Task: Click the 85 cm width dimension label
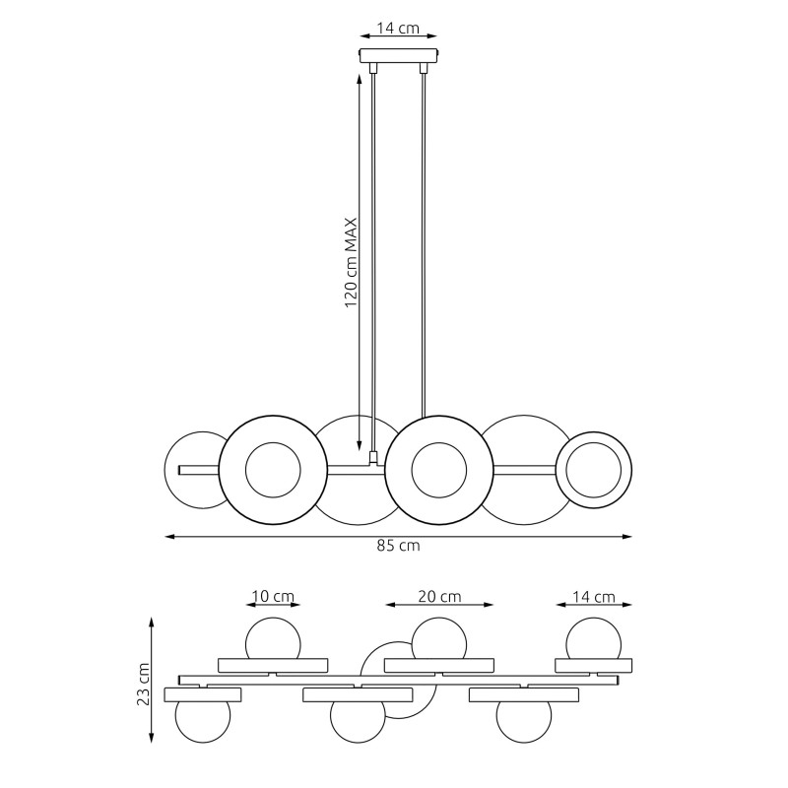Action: coord(398,546)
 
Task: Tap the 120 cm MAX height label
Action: coord(351,262)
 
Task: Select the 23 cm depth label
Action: coord(144,684)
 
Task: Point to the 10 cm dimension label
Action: coord(273,597)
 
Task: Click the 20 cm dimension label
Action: coord(439,597)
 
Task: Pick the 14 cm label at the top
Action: coord(398,29)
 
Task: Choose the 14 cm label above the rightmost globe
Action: coord(594,597)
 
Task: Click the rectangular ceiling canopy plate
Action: coord(399,55)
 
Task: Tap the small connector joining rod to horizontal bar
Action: coord(373,457)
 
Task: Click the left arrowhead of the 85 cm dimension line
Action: coord(169,537)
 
